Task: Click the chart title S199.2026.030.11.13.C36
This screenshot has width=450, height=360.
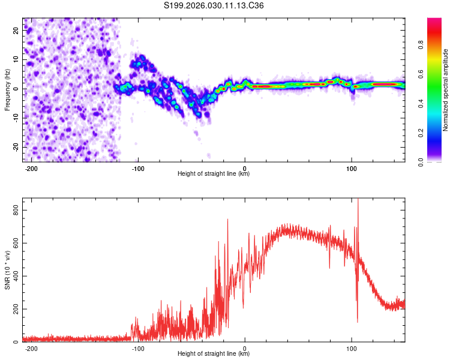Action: tap(214, 5)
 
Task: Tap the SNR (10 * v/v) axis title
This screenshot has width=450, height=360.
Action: tap(7, 269)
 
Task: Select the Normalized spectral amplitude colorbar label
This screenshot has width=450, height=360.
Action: tap(445, 90)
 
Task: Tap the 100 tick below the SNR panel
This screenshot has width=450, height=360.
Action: tap(352, 348)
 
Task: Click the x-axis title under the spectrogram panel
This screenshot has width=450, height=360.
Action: tap(214, 174)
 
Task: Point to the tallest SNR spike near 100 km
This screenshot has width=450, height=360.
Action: tap(358, 200)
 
